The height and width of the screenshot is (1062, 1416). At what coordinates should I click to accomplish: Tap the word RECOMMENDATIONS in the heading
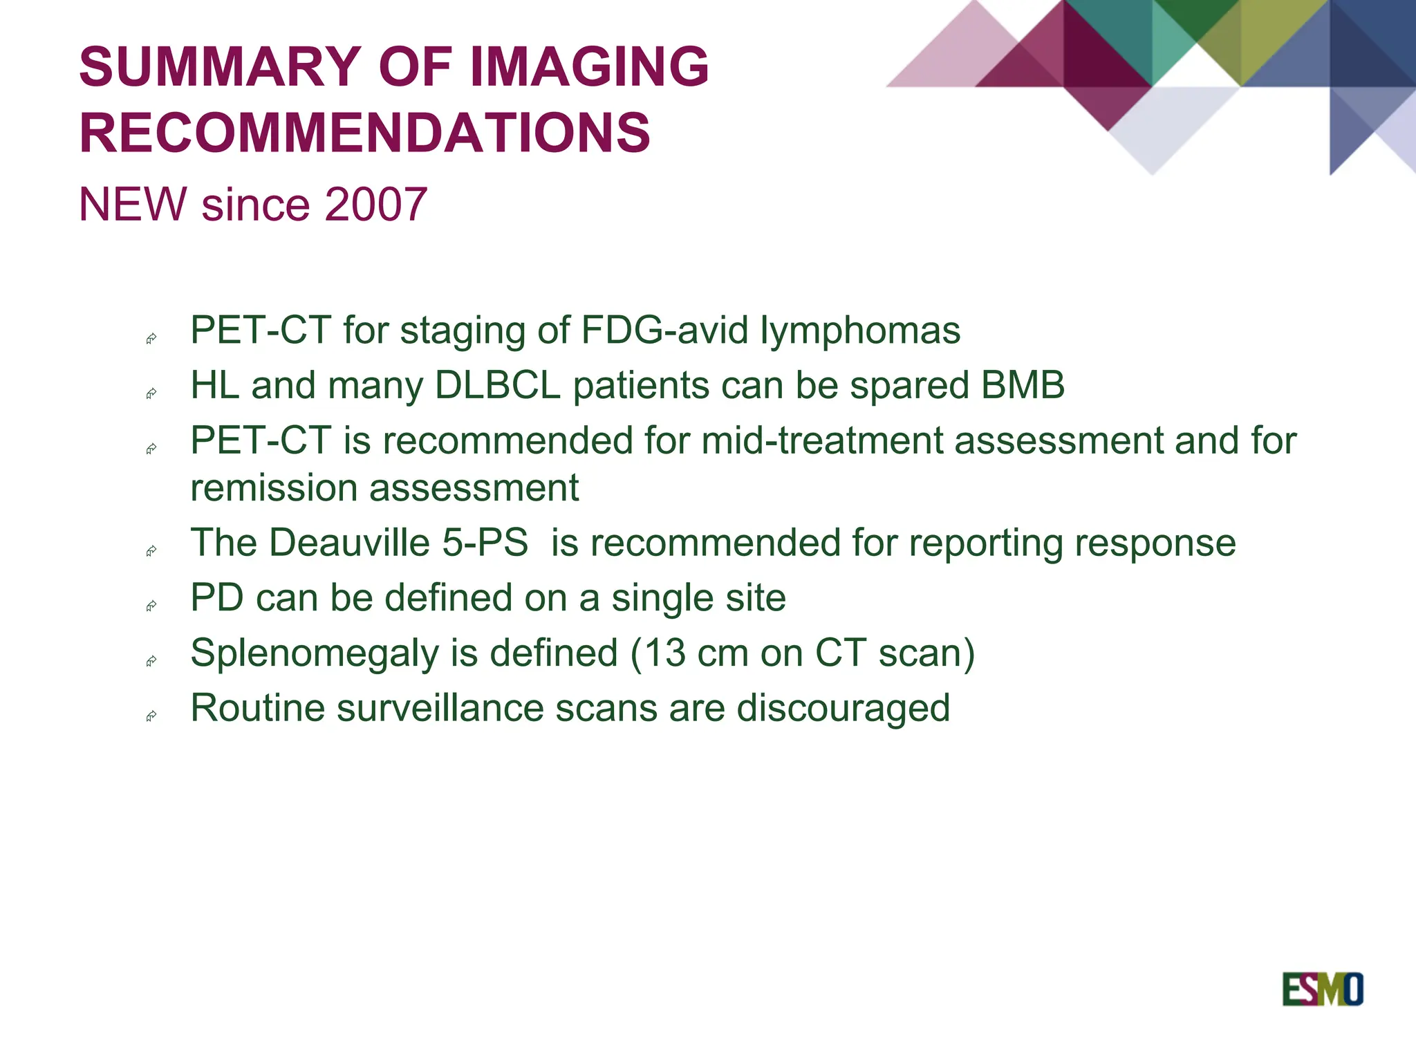[365, 133]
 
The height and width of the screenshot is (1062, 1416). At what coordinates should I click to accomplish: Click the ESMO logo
[1322, 989]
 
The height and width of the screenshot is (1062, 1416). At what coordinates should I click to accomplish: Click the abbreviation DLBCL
[497, 385]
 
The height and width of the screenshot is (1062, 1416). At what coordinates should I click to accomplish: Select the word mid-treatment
[821, 440]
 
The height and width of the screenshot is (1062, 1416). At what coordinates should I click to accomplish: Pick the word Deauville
[349, 542]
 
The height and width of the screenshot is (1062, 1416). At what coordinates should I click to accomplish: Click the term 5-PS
[485, 542]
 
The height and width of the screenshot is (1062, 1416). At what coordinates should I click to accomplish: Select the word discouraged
[843, 708]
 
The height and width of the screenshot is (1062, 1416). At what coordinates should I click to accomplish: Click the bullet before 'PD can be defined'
[151, 606]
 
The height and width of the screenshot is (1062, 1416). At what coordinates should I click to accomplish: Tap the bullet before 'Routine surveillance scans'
[151, 716]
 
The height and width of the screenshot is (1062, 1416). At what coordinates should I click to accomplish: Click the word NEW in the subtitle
[133, 205]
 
